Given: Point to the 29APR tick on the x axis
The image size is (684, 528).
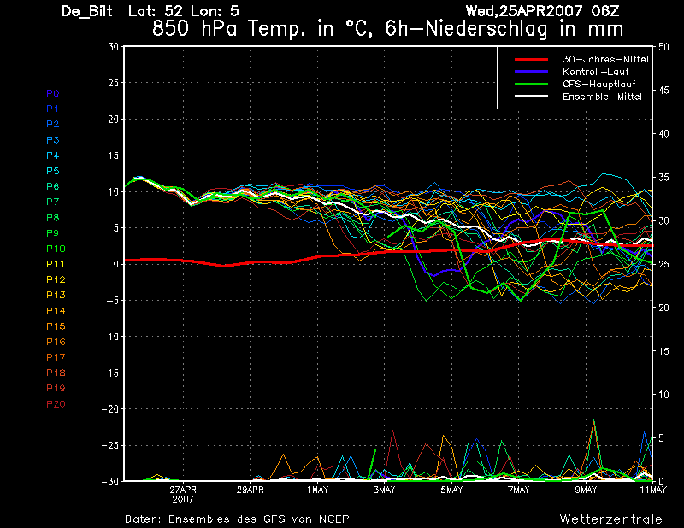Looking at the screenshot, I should pos(251,490).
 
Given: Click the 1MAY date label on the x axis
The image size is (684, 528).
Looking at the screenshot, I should pos(317,490).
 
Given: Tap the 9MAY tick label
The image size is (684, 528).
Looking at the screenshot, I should pos(586,490).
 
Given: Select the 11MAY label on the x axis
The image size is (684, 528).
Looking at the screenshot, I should pos(653,490).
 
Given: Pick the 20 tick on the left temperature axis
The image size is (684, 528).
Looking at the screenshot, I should pos(113,120).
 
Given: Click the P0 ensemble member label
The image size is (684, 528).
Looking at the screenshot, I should pos(53,92).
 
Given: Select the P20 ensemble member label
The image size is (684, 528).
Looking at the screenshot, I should pos(56,403).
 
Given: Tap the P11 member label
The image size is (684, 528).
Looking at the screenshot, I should pos(56,263).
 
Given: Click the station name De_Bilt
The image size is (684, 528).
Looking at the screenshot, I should pos(86,11).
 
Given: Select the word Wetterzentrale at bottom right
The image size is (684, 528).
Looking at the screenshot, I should pos(610,519).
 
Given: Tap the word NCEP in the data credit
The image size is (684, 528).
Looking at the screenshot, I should pos(333,519).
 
